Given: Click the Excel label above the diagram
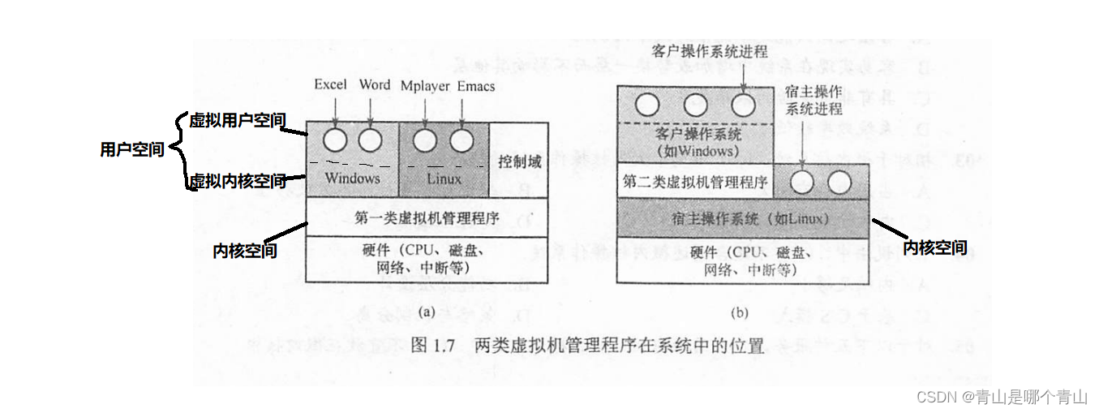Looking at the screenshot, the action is pyautogui.click(x=330, y=85).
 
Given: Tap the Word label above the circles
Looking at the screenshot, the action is pyautogui.click(x=375, y=85).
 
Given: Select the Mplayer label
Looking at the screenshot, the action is pyautogui.click(x=425, y=86).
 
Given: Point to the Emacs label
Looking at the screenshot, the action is pyautogui.click(x=476, y=86).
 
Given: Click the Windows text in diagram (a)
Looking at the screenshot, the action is pyautogui.click(x=352, y=178).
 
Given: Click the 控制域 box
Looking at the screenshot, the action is pyautogui.click(x=520, y=161).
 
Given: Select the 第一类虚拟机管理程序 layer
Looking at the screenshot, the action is pyautogui.click(x=427, y=217).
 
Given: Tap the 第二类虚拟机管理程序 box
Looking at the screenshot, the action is pyautogui.click(x=695, y=183).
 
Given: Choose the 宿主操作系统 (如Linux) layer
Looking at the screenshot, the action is pyautogui.click(x=741, y=218).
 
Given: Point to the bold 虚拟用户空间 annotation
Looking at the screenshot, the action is pyautogui.click(x=237, y=121).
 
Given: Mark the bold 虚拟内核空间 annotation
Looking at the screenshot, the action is pyautogui.click(x=237, y=181).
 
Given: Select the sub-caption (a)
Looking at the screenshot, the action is pyautogui.click(x=427, y=312).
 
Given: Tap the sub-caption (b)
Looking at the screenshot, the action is pyautogui.click(x=740, y=312).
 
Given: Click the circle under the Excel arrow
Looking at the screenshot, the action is pyautogui.click(x=334, y=140).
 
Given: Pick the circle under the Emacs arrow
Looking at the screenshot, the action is pyautogui.click(x=461, y=140).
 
